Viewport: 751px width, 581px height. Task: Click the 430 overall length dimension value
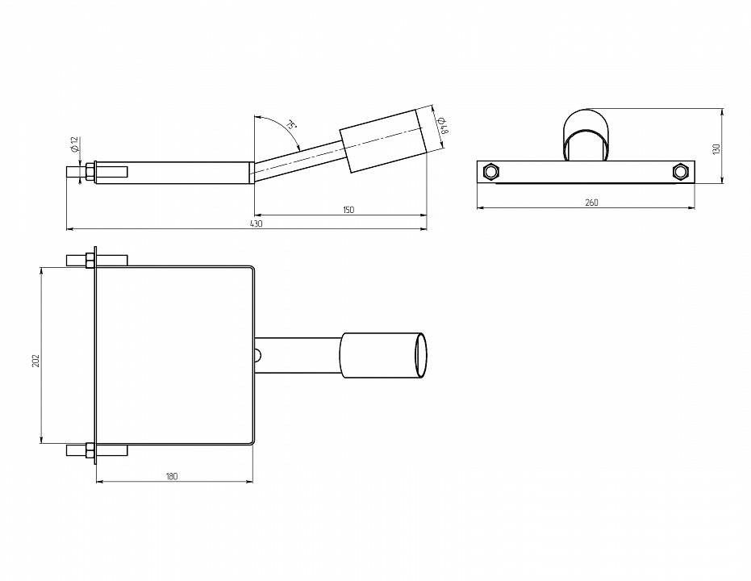(x=257, y=224)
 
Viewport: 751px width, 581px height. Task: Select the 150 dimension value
(x=348, y=210)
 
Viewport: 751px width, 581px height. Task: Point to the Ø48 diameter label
(x=443, y=125)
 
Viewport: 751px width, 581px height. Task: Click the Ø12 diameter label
(x=74, y=144)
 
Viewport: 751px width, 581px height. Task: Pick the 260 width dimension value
(x=591, y=203)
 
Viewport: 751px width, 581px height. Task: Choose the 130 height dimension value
(x=716, y=149)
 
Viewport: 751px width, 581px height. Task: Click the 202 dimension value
(x=36, y=361)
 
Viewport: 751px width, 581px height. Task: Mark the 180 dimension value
(x=172, y=476)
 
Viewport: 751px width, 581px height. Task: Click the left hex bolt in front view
(x=491, y=171)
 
